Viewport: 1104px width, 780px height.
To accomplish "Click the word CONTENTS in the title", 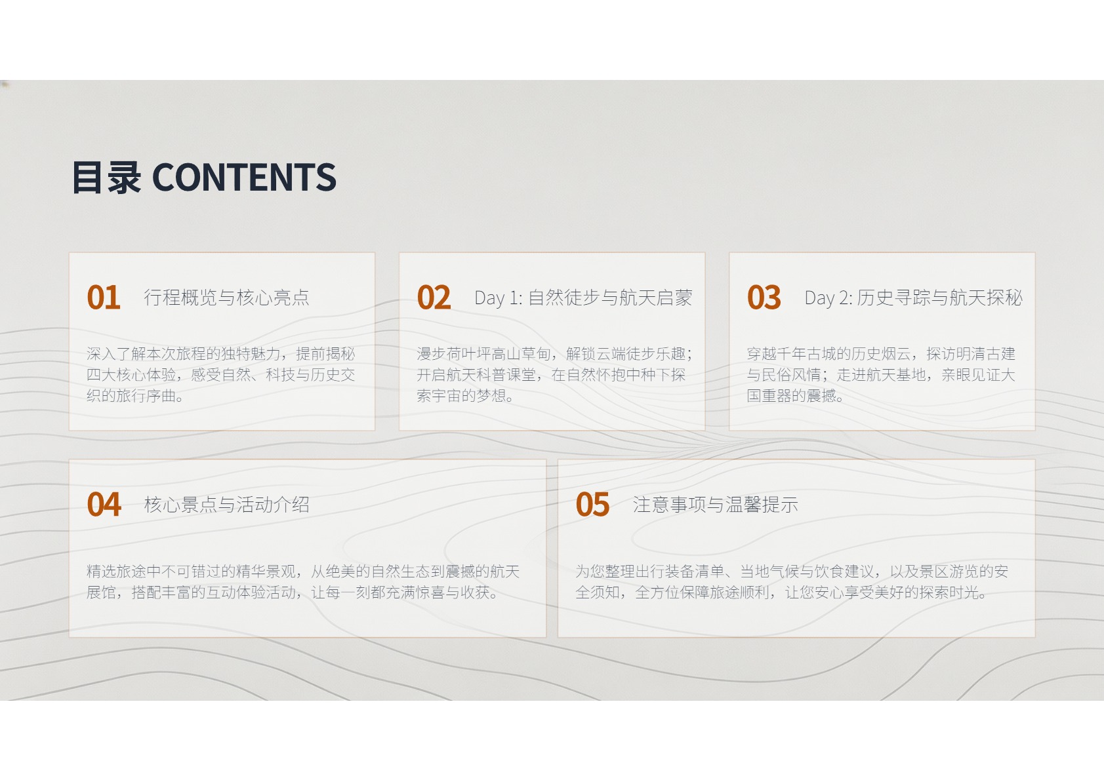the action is click(x=244, y=177).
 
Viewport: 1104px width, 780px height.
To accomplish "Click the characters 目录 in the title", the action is click(x=107, y=177).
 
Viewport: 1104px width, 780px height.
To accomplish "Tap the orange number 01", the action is click(x=104, y=298).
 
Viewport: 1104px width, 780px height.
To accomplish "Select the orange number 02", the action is click(x=434, y=298).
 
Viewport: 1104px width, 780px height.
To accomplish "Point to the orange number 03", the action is click(x=764, y=298).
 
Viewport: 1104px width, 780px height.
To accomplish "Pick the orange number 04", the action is click(x=104, y=504).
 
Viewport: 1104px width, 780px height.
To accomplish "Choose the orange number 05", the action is click(x=592, y=504).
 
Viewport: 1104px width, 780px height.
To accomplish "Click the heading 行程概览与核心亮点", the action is click(x=227, y=298).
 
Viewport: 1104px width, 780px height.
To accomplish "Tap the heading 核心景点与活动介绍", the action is click(x=227, y=504).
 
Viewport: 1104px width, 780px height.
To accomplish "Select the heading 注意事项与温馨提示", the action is click(x=716, y=504).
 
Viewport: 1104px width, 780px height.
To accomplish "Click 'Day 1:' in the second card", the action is click(x=499, y=298).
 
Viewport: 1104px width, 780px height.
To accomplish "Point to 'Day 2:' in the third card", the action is click(x=828, y=298).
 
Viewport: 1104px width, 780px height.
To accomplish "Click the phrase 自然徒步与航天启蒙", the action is click(x=610, y=298).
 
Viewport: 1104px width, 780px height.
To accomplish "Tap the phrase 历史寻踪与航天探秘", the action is click(x=940, y=298).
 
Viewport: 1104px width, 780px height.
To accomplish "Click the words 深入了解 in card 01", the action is click(x=116, y=353).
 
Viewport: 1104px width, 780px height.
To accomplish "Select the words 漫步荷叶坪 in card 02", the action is click(x=454, y=353).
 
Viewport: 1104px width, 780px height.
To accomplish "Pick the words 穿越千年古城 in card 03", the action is click(x=792, y=353).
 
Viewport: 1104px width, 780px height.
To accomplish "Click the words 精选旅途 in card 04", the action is click(x=116, y=571).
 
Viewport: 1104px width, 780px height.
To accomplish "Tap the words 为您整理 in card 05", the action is click(x=605, y=571).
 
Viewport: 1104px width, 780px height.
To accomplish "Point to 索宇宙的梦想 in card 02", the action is click(x=461, y=395).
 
